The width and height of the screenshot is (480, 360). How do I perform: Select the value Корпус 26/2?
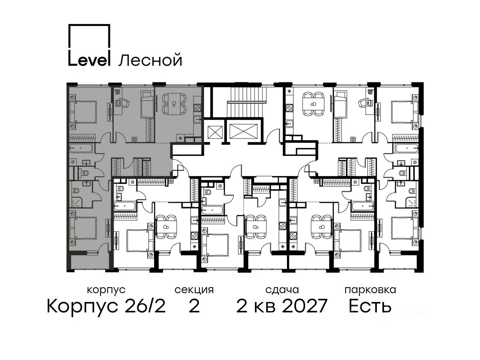[x=106, y=306]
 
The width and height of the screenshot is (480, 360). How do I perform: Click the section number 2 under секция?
[x=194, y=306]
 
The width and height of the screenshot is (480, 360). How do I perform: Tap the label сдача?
[x=282, y=290]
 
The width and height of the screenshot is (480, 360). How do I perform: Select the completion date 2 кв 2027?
[x=282, y=306]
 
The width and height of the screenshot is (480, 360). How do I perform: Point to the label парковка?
[x=370, y=290]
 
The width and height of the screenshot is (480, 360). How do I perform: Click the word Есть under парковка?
[x=370, y=306]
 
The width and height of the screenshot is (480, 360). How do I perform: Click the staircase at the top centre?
[x=247, y=102]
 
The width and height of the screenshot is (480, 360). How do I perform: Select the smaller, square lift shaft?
[x=215, y=132]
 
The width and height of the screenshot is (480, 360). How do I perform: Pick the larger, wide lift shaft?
[x=244, y=131]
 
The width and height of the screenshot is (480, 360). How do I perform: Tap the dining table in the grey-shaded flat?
[x=174, y=104]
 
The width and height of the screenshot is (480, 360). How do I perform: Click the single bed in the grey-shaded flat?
[x=147, y=104]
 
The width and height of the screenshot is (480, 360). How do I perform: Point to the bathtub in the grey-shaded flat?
[x=81, y=148]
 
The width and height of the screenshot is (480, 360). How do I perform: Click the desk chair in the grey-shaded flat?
[x=125, y=103]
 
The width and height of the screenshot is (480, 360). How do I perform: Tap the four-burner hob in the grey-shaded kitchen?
[x=197, y=108]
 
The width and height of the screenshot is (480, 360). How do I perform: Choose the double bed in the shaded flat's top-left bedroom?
[x=83, y=112]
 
